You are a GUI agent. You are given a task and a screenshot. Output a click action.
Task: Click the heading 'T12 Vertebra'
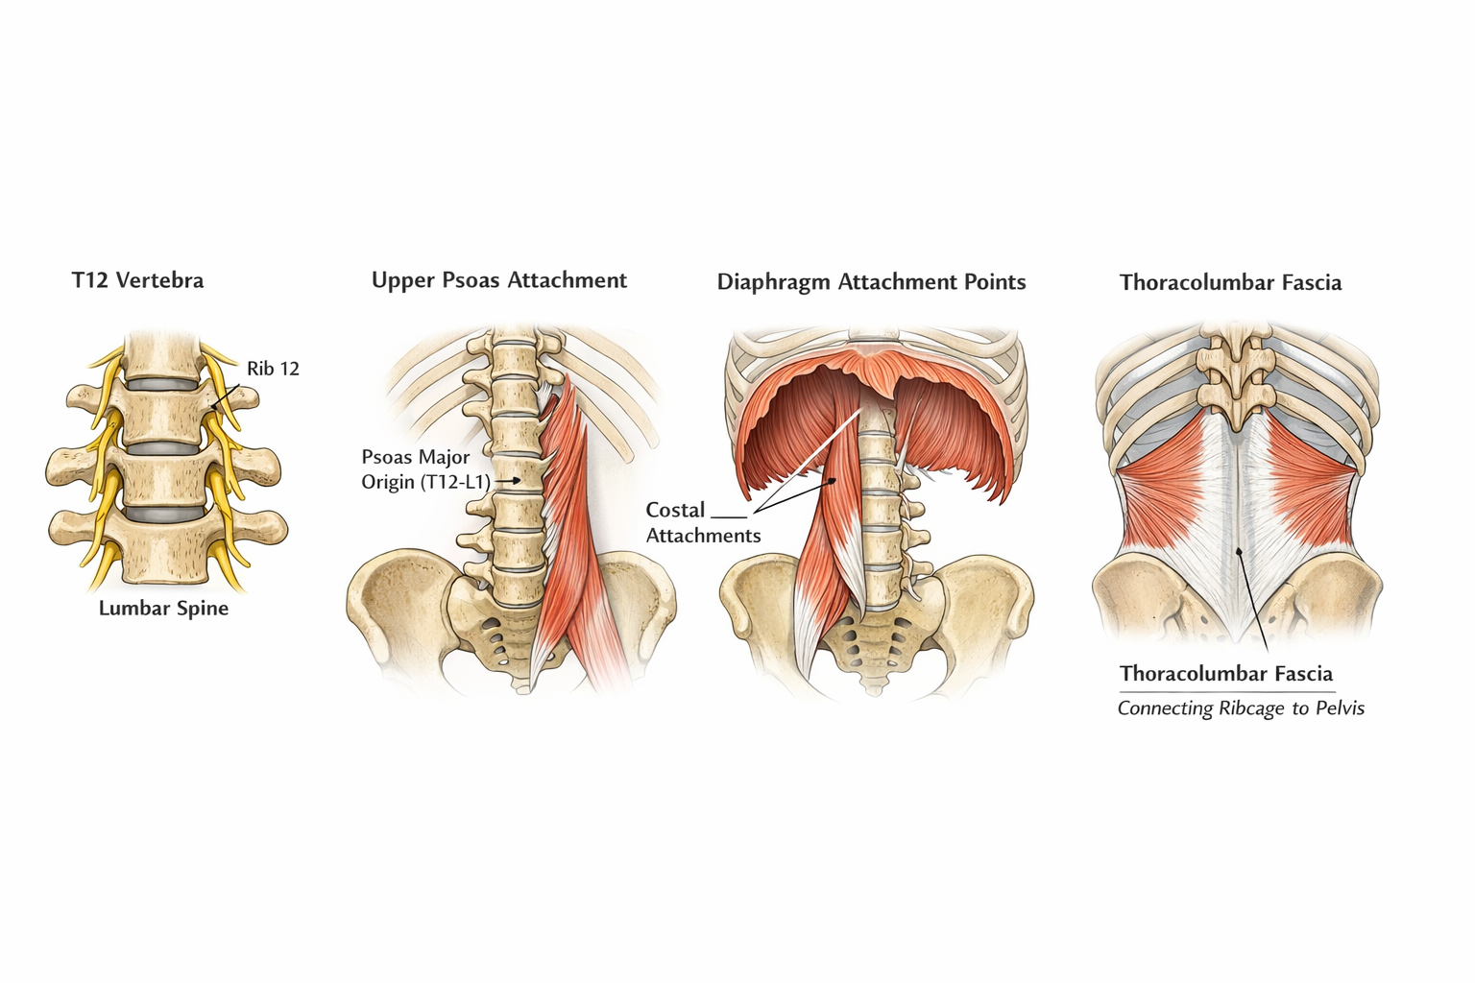(137, 280)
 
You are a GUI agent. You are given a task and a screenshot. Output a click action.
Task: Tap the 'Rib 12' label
(273, 369)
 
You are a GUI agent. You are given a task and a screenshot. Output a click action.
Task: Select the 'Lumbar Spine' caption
(163, 608)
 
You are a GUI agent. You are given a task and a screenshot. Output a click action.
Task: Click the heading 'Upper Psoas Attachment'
(498, 280)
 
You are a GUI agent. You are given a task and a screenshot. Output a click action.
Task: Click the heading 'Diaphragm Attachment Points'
(871, 282)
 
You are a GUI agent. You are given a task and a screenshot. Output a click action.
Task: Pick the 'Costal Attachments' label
(702, 522)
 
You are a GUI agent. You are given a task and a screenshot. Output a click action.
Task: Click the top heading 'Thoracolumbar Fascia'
(1230, 282)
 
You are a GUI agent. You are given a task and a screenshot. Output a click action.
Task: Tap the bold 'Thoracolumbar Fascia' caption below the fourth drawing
(1225, 673)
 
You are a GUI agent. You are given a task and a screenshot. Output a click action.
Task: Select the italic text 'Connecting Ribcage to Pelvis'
(1240, 708)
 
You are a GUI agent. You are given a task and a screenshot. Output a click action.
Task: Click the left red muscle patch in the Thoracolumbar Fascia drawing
(1164, 485)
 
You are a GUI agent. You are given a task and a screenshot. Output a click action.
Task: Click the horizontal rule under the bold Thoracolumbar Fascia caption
(1226, 691)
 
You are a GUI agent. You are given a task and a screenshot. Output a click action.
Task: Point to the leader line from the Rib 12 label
(227, 391)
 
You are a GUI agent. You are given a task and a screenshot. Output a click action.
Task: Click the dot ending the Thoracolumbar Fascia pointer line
(1240, 551)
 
